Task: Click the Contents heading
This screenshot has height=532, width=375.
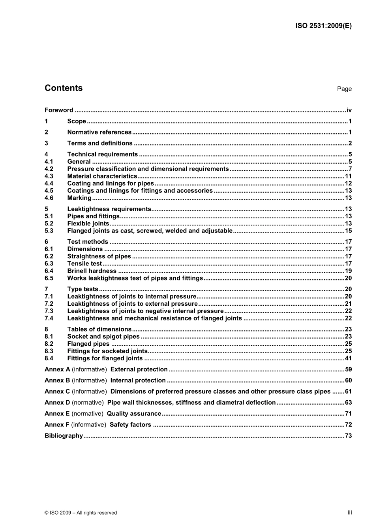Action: tap(64, 88)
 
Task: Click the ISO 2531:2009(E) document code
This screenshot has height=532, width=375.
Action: tap(323, 26)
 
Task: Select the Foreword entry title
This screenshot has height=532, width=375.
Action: tap(59, 110)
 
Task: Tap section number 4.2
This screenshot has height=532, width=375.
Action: tap(49, 169)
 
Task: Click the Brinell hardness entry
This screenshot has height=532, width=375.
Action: tap(92, 271)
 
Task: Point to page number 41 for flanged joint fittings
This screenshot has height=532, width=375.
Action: tap(348, 358)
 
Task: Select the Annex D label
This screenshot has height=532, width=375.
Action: tap(57, 403)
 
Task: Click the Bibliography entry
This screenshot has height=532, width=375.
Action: tap(64, 436)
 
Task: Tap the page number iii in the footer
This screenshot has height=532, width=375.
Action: tap(350, 512)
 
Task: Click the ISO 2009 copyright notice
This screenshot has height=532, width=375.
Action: tap(81, 513)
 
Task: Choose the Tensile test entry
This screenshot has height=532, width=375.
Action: tap(84, 264)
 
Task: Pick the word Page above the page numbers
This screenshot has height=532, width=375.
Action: tap(344, 89)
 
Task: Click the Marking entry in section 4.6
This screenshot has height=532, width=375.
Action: tap(79, 198)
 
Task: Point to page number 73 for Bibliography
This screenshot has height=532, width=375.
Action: tap(348, 436)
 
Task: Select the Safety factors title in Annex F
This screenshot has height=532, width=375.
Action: tap(130, 425)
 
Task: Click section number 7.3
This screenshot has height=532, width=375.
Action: tap(49, 311)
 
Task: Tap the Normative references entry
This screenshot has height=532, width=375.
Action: tap(99, 133)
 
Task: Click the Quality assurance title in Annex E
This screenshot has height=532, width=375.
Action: tap(134, 414)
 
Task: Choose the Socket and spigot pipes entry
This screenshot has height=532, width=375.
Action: tap(103, 337)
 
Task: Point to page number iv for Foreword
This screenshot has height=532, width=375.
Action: tap(349, 110)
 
